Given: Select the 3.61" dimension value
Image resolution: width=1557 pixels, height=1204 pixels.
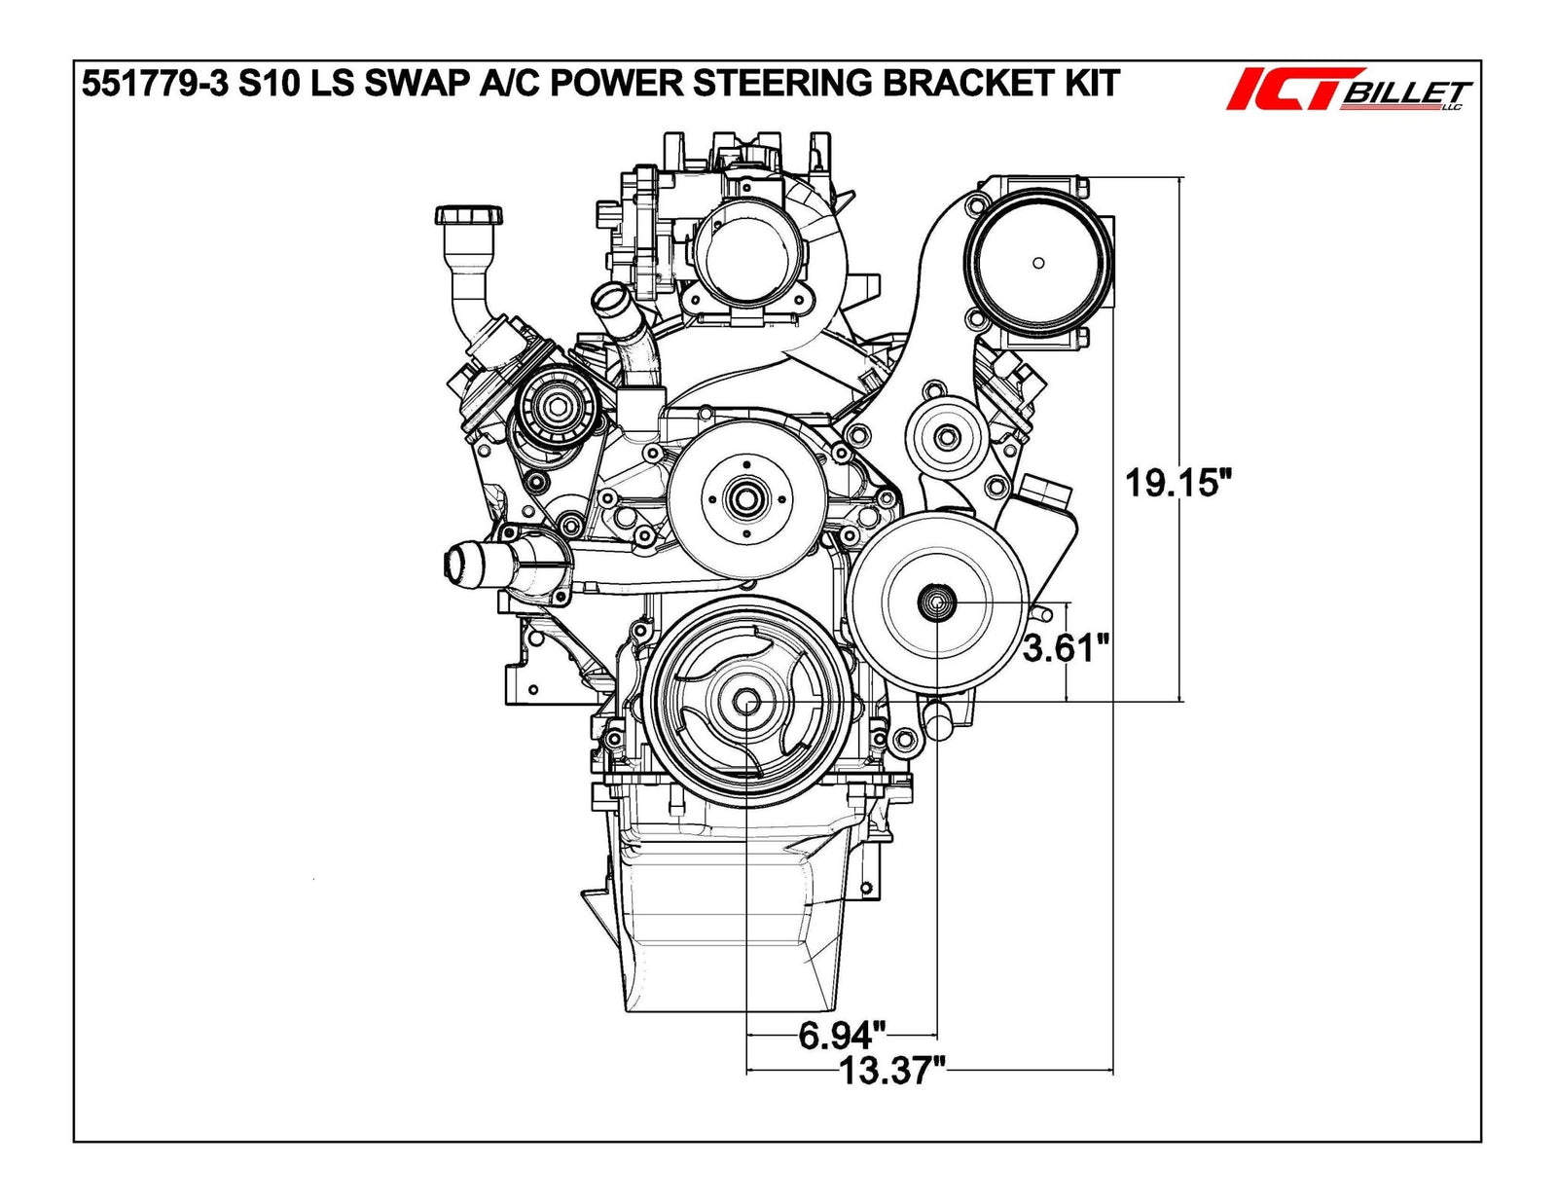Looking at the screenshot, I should (1066, 647).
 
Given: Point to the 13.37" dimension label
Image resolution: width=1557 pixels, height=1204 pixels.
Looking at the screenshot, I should (892, 1072).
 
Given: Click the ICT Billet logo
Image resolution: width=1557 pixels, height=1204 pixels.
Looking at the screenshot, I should (1348, 91).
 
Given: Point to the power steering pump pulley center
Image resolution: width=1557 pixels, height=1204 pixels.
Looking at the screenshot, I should (936, 603).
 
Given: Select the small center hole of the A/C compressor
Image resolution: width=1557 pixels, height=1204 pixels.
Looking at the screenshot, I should (1038, 263).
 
